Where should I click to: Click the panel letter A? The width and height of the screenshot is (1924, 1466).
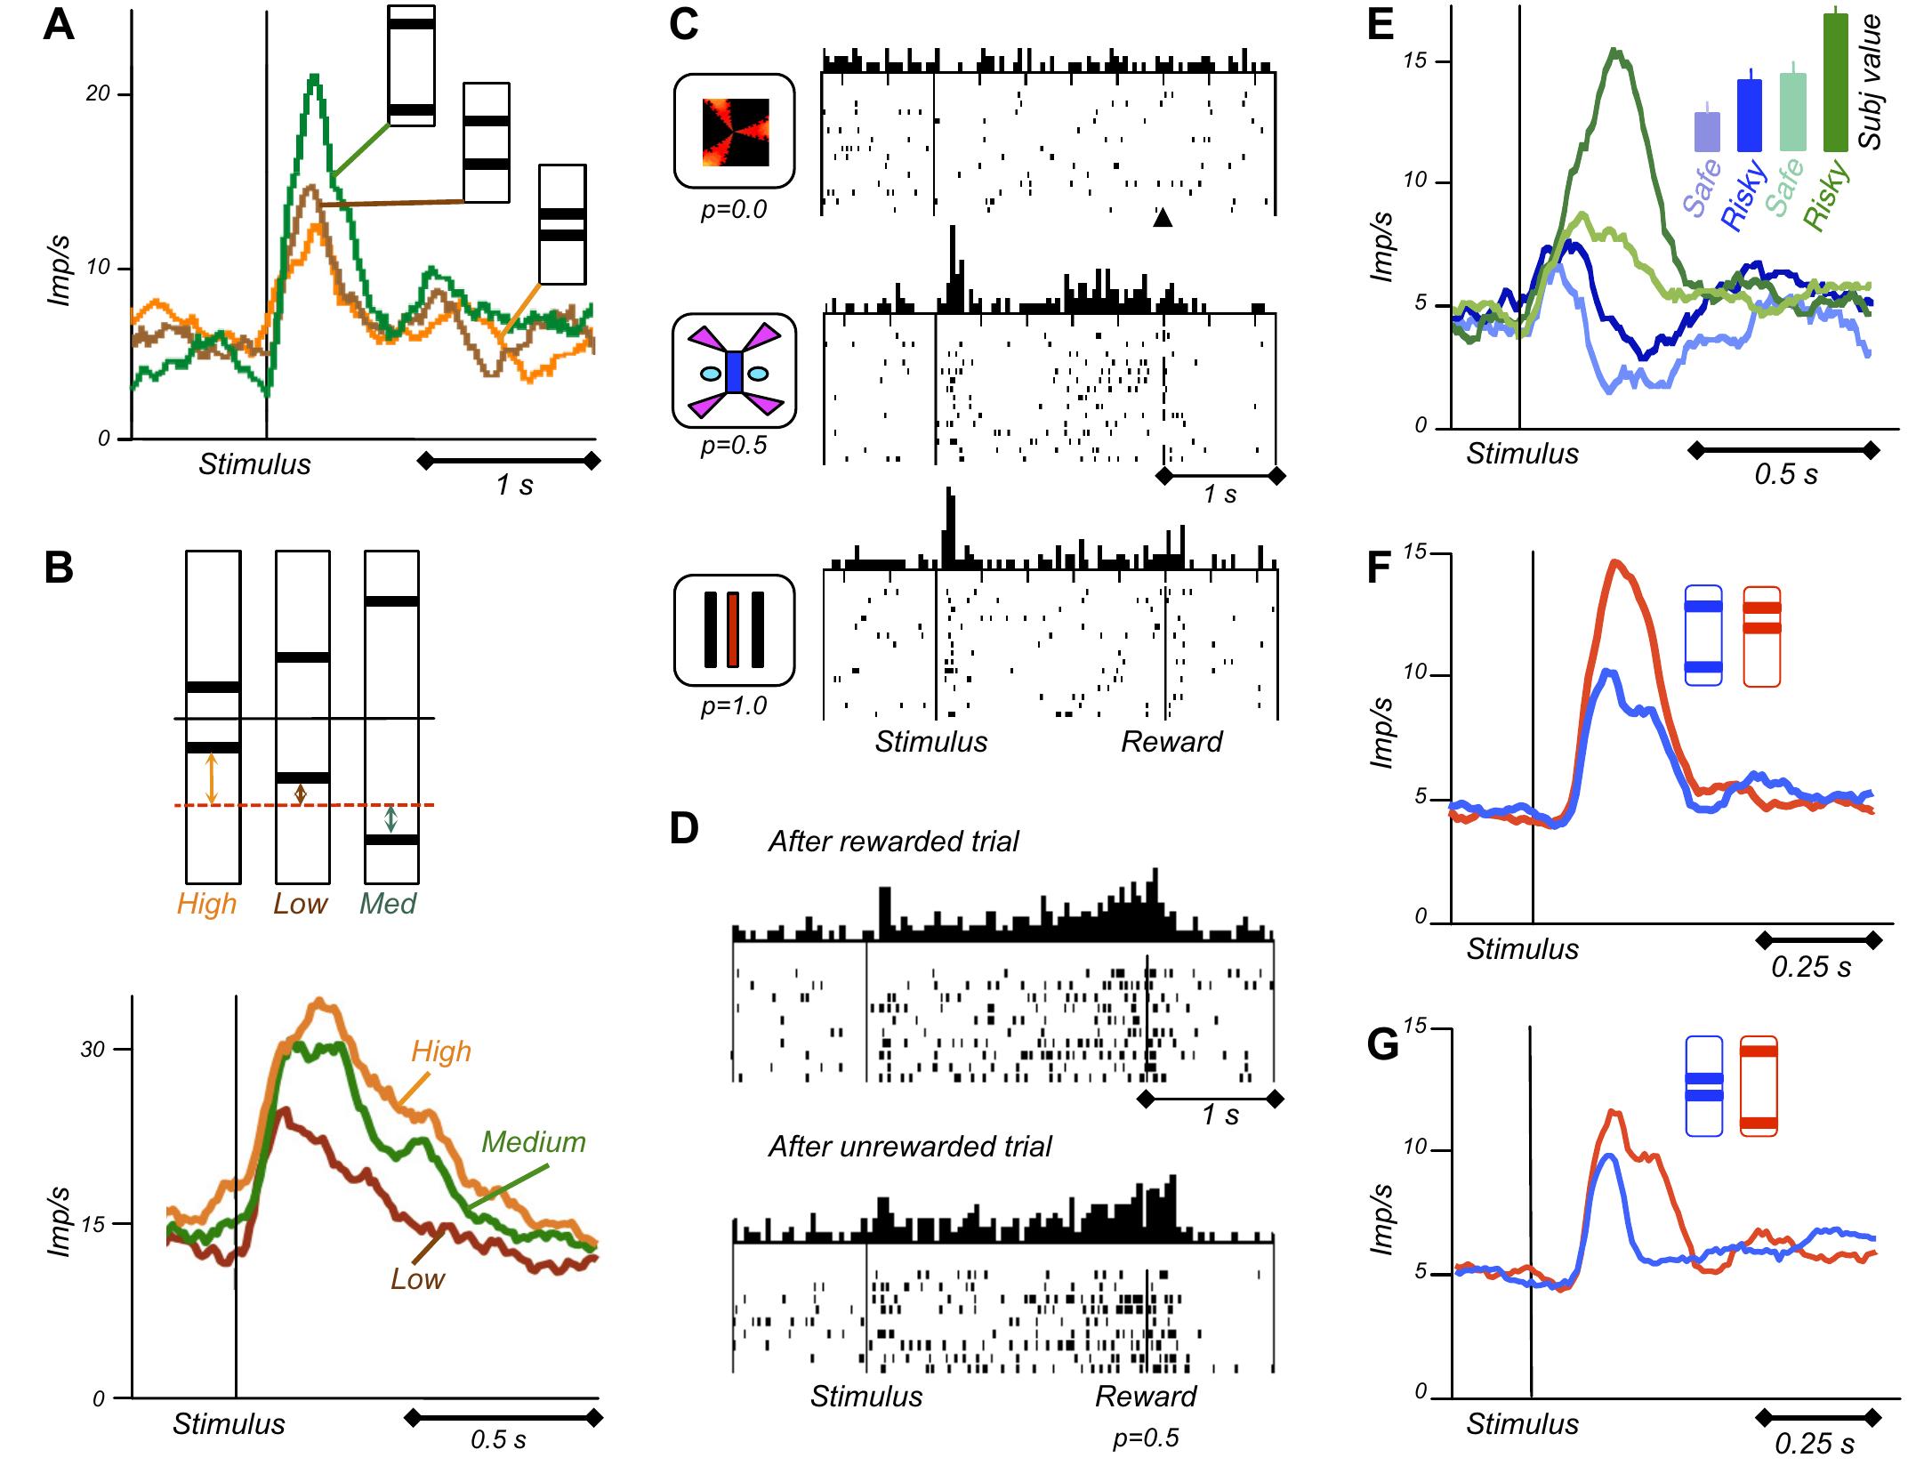point(59,25)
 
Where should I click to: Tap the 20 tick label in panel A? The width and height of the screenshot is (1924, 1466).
point(97,93)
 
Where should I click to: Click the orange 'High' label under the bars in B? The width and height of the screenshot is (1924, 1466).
point(206,904)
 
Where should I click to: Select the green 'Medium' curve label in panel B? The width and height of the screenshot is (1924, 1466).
point(533,1141)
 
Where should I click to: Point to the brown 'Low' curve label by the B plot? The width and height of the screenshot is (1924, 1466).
point(417,1278)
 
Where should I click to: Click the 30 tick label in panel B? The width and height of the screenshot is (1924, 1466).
point(92,1049)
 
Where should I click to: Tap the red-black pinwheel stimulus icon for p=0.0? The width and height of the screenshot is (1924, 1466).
point(735,132)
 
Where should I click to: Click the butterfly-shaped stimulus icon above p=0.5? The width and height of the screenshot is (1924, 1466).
point(734,372)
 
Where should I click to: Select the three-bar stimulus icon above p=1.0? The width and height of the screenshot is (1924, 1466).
point(734,630)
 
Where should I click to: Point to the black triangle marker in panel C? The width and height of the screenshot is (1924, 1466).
point(1163,217)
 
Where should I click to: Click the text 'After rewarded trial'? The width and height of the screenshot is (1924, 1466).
point(893,841)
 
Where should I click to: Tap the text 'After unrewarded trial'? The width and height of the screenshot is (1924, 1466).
point(909,1146)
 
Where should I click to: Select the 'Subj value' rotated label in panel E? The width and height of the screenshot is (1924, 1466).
point(1871,82)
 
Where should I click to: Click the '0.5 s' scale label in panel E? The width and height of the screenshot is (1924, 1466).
point(1785,474)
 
